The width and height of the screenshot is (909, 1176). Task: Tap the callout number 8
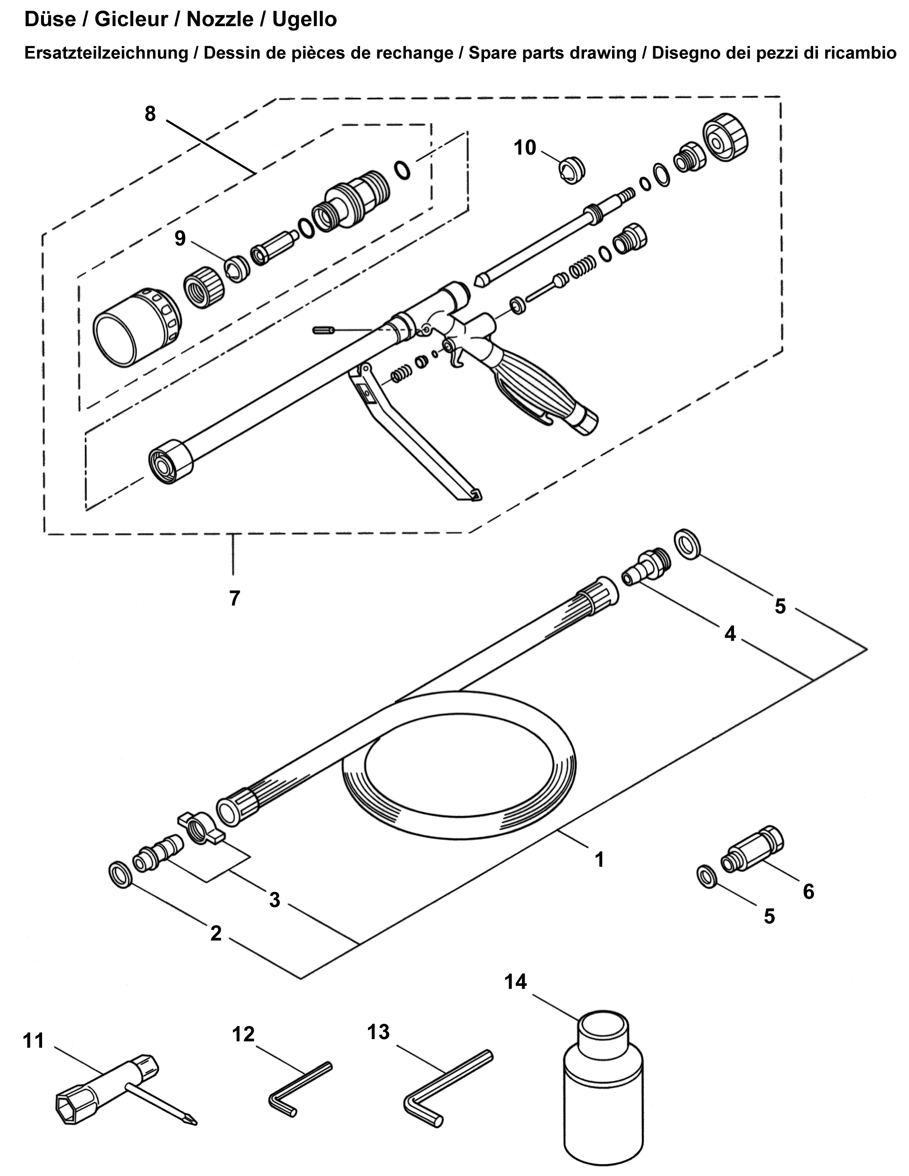[151, 114]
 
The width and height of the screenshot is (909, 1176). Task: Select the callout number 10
[525, 148]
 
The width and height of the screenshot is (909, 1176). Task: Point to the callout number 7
[234, 598]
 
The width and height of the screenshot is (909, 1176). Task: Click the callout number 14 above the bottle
[515, 981]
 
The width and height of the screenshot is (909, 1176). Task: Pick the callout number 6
[808, 891]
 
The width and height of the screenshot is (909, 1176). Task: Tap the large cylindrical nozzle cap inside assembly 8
[137, 326]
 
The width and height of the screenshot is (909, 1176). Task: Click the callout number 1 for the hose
[599, 859]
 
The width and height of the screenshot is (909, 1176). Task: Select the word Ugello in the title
[304, 20]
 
